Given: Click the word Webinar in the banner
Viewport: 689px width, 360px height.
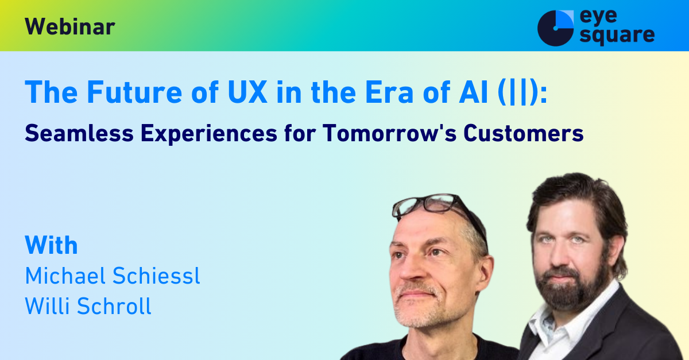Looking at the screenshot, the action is click(x=70, y=27).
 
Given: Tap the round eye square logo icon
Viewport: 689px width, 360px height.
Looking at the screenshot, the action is click(x=556, y=28).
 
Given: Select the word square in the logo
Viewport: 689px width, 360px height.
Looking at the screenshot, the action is click(x=617, y=36).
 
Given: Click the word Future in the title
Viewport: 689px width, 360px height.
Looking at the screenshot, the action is click(x=135, y=92).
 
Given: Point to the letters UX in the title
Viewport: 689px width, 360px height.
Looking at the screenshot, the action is click(x=247, y=92).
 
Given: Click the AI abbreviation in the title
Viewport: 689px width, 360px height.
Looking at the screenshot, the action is click(x=473, y=92).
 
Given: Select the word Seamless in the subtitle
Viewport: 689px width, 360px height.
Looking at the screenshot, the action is click(x=79, y=133).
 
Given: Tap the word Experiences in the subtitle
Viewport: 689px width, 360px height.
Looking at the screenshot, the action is click(x=209, y=134).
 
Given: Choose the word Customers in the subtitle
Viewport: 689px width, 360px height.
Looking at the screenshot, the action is click(x=524, y=133).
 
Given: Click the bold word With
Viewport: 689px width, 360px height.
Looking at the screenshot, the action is click(x=51, y=245).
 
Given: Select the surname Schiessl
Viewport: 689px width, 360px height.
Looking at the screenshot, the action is click(x=156, y=276).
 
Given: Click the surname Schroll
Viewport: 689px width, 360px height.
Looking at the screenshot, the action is click(x=114, y=306).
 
